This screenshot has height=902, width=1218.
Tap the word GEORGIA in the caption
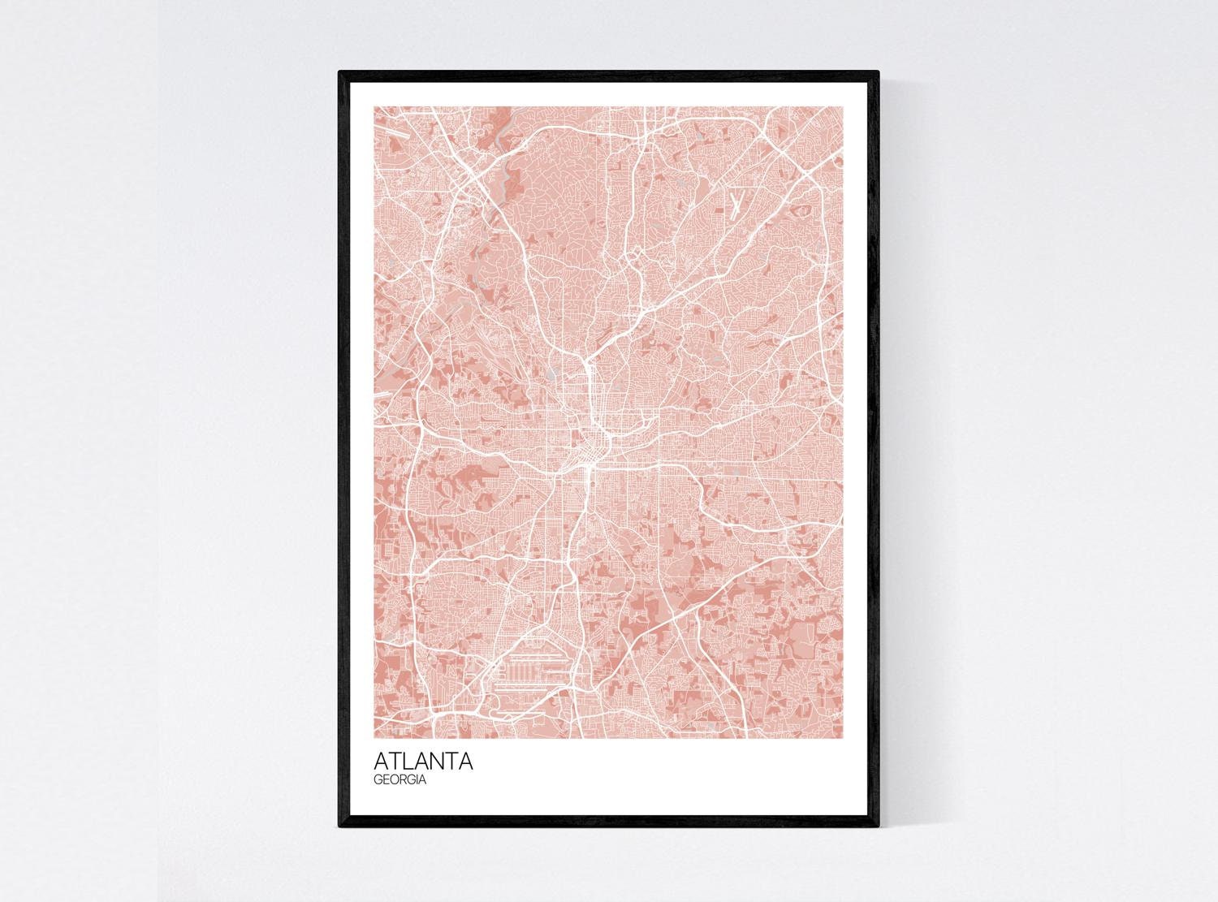pyautogui.click(x=400, y=779)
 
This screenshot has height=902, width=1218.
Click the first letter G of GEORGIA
pyautogui.click(x=378, y=779)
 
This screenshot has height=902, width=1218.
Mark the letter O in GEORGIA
pyautogui.click(x=395, y=779)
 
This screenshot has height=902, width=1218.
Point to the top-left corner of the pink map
pyautogui.click(x=374, y=107)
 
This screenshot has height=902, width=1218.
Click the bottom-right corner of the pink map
pyautogui.click(x=844, y=738)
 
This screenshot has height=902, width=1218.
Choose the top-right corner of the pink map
pyautogui.click(x=844, y=107)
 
